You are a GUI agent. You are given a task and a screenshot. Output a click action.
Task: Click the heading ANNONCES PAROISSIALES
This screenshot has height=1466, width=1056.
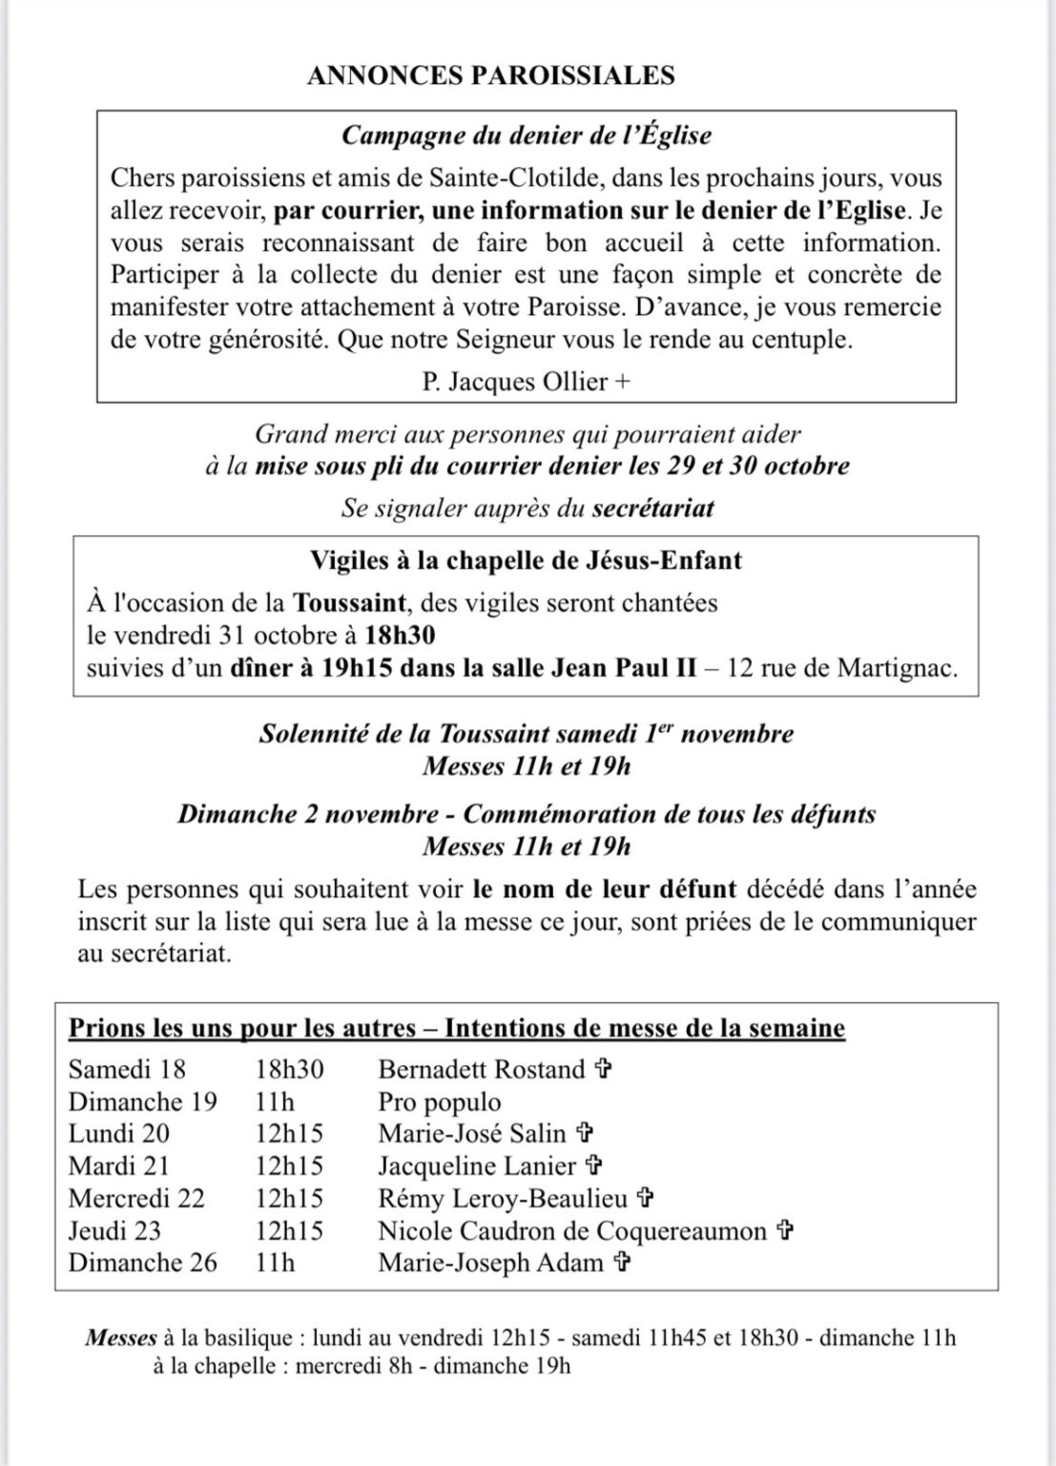[x=490, y=76]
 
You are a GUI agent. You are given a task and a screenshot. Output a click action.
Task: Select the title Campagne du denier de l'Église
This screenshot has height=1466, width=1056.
[x=527, y=136]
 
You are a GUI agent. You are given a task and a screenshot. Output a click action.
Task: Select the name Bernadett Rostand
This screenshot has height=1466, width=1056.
[x=482, y=1069]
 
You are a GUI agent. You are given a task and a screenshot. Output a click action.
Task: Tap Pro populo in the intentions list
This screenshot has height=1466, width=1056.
[x=439, y=1101]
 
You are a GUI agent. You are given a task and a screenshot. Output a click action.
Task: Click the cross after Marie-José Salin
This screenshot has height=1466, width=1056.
[x=586, y=1134]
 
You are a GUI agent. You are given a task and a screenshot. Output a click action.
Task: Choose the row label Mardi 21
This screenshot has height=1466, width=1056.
[x=112, y=1165]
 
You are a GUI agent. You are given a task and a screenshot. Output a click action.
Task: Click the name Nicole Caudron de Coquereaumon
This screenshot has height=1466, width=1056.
[x=572, y=1230]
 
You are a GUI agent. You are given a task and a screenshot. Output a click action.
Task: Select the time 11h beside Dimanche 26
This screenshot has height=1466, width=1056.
[x=275, y=1263]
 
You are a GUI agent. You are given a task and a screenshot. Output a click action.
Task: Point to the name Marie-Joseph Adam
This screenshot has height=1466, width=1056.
[x=490, y=1263]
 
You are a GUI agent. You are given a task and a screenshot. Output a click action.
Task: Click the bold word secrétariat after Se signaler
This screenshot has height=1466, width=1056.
[x=652, y=508]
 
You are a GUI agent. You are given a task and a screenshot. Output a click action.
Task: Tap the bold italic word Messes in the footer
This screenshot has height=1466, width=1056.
[x=120, y=1337]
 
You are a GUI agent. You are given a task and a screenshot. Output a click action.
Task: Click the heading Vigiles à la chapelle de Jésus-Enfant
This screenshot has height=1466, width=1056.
[x=527, y=559]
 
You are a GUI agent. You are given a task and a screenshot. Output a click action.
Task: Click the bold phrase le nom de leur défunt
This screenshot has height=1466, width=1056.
[x=605, y=890]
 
